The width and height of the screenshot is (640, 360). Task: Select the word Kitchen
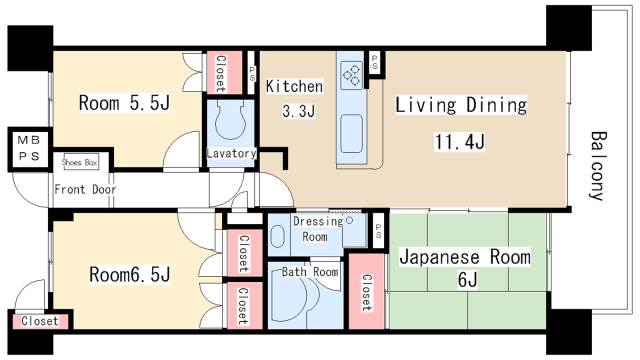click(294, 86)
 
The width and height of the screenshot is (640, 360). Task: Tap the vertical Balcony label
click(598, 166)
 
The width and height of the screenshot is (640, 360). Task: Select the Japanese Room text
click(466, 258)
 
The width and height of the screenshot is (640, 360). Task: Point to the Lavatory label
click(232, 153)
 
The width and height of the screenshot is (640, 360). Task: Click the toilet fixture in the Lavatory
click(231, 124)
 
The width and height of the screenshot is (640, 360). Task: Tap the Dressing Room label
click(315, 229)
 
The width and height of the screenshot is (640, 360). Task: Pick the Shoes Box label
click(79, 161)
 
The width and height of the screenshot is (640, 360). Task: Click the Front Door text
click(85, 189)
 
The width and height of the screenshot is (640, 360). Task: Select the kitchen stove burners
click(353, 73)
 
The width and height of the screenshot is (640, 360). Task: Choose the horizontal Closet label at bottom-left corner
click(39, 322)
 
